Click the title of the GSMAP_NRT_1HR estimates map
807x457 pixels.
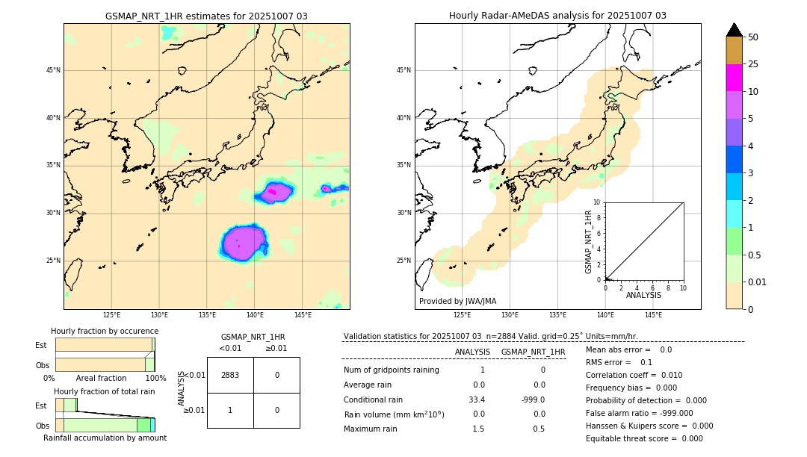pos(206,16)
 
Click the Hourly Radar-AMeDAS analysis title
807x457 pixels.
pos(557,16)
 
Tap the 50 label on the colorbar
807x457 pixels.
pos(753,37)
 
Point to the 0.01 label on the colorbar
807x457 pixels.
pos(758,282)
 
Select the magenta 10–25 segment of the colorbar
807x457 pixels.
pos(734,78)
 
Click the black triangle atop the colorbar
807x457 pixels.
pos(734,30)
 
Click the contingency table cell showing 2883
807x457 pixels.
pos(230,375)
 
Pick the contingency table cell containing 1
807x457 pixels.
pos(230,410)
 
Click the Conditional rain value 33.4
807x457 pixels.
pos(477,400)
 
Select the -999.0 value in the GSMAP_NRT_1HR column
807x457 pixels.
pos(534,400)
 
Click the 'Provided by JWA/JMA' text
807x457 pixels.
pos(457,301)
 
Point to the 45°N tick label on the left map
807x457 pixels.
pos(53,70)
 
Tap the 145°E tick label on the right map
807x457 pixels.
pos(653,315)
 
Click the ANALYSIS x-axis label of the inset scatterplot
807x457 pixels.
pos(643,295)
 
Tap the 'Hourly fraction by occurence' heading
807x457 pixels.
pos(105,331)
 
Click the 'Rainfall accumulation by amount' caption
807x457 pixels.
pos(105,438)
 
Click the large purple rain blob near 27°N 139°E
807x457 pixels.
pos(244,243)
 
